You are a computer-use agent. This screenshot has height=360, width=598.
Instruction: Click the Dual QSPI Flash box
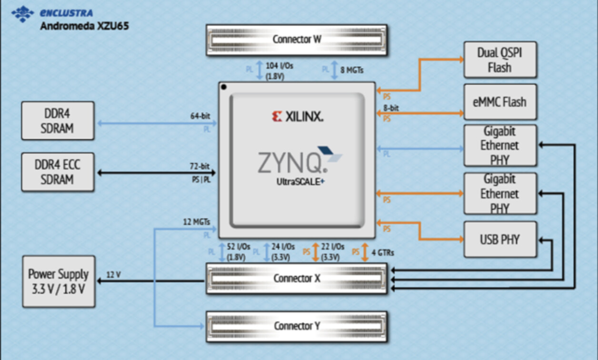(x=500, y=60)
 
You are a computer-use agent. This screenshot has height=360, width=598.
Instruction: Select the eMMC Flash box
(x=500, y=102)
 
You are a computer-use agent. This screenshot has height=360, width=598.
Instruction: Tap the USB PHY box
(x=500, y=240)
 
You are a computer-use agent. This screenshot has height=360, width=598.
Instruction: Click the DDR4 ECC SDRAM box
(x=58, y=172)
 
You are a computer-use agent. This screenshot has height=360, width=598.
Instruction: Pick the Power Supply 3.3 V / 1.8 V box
(x=59, y=281)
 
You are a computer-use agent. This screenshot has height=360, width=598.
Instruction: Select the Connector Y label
(x=297, y=326)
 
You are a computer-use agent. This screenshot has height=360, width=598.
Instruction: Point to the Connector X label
(x=297, y=279)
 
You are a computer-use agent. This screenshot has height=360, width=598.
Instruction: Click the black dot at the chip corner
(x=224, y=87)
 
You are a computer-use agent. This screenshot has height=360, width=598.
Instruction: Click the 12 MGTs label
(x=197, y=222)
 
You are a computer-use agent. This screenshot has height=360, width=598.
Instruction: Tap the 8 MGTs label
(x=352, y=70)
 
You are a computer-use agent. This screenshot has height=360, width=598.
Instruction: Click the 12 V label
(x=113, y=275)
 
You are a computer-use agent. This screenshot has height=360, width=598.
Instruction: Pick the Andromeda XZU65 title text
(x=84, y=26)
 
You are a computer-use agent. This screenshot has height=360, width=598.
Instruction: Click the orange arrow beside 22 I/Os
(x=315, y=252)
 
